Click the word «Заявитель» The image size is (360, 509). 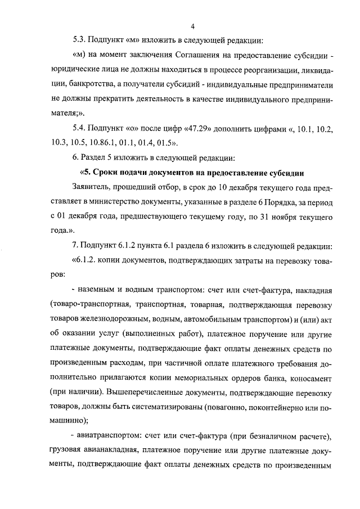91,187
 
